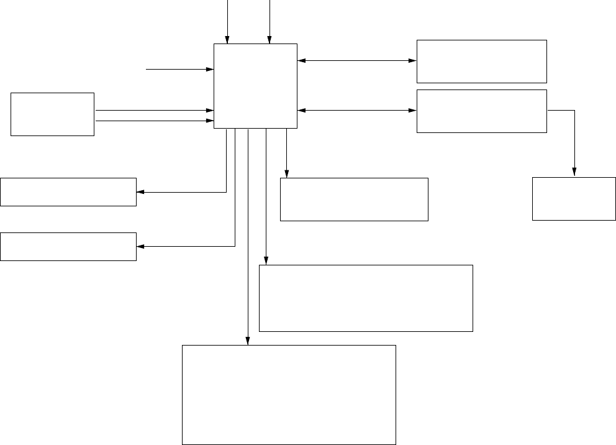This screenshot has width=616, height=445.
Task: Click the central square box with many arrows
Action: [255, 86]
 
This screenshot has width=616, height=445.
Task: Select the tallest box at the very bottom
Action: [289, 395]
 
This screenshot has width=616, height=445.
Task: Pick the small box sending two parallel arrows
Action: [52, 114]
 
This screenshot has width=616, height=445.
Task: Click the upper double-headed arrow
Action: [357, 61]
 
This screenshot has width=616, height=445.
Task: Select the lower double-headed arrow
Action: [357, 111]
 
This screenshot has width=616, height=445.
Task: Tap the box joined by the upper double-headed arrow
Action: [481, 61]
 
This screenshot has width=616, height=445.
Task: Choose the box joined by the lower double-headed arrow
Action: [481, 111]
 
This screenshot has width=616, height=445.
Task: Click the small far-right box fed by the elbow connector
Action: [574, 199]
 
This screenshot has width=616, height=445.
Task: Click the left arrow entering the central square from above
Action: [228, 22]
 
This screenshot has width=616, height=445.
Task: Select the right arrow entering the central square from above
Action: [269, 22]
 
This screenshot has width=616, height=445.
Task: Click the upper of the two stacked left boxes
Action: [68, 191]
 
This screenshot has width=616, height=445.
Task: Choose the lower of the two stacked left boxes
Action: [68, 246]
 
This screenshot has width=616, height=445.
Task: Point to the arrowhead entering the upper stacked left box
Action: [140, 192]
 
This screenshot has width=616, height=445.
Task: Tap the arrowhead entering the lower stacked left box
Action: [140, 246]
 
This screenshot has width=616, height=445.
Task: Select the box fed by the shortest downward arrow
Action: [354, 199]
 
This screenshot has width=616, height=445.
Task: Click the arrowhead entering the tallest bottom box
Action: [247, 341]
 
